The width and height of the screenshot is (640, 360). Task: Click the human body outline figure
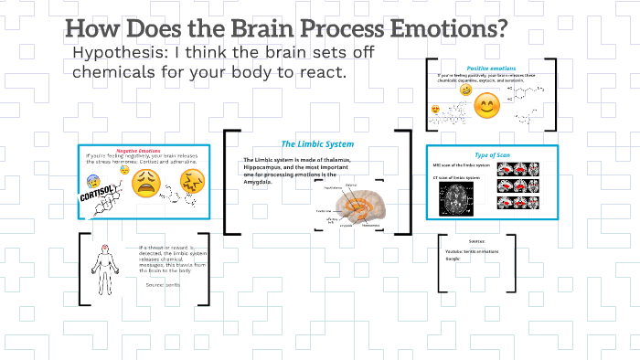tap(106, 266)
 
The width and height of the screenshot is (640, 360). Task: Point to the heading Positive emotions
tap(491, 69)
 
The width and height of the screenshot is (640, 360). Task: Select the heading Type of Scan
tap(490, 154)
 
